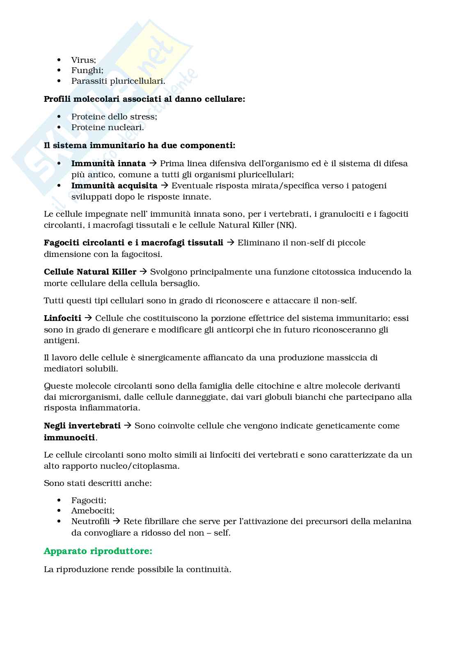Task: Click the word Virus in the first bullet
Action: tap(83, 60)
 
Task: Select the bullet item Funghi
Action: tap(87, 71)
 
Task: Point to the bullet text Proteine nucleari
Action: tap(108, 127)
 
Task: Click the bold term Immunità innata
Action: tap(108, 163)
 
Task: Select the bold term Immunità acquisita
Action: tap(114, 185)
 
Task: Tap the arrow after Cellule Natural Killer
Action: tap(143, 272)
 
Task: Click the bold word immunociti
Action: tap(69, 437)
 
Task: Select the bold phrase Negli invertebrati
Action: tap(82, 426)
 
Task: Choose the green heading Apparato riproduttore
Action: tap(98, 551)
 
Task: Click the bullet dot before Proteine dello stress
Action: tap(60, 117)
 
